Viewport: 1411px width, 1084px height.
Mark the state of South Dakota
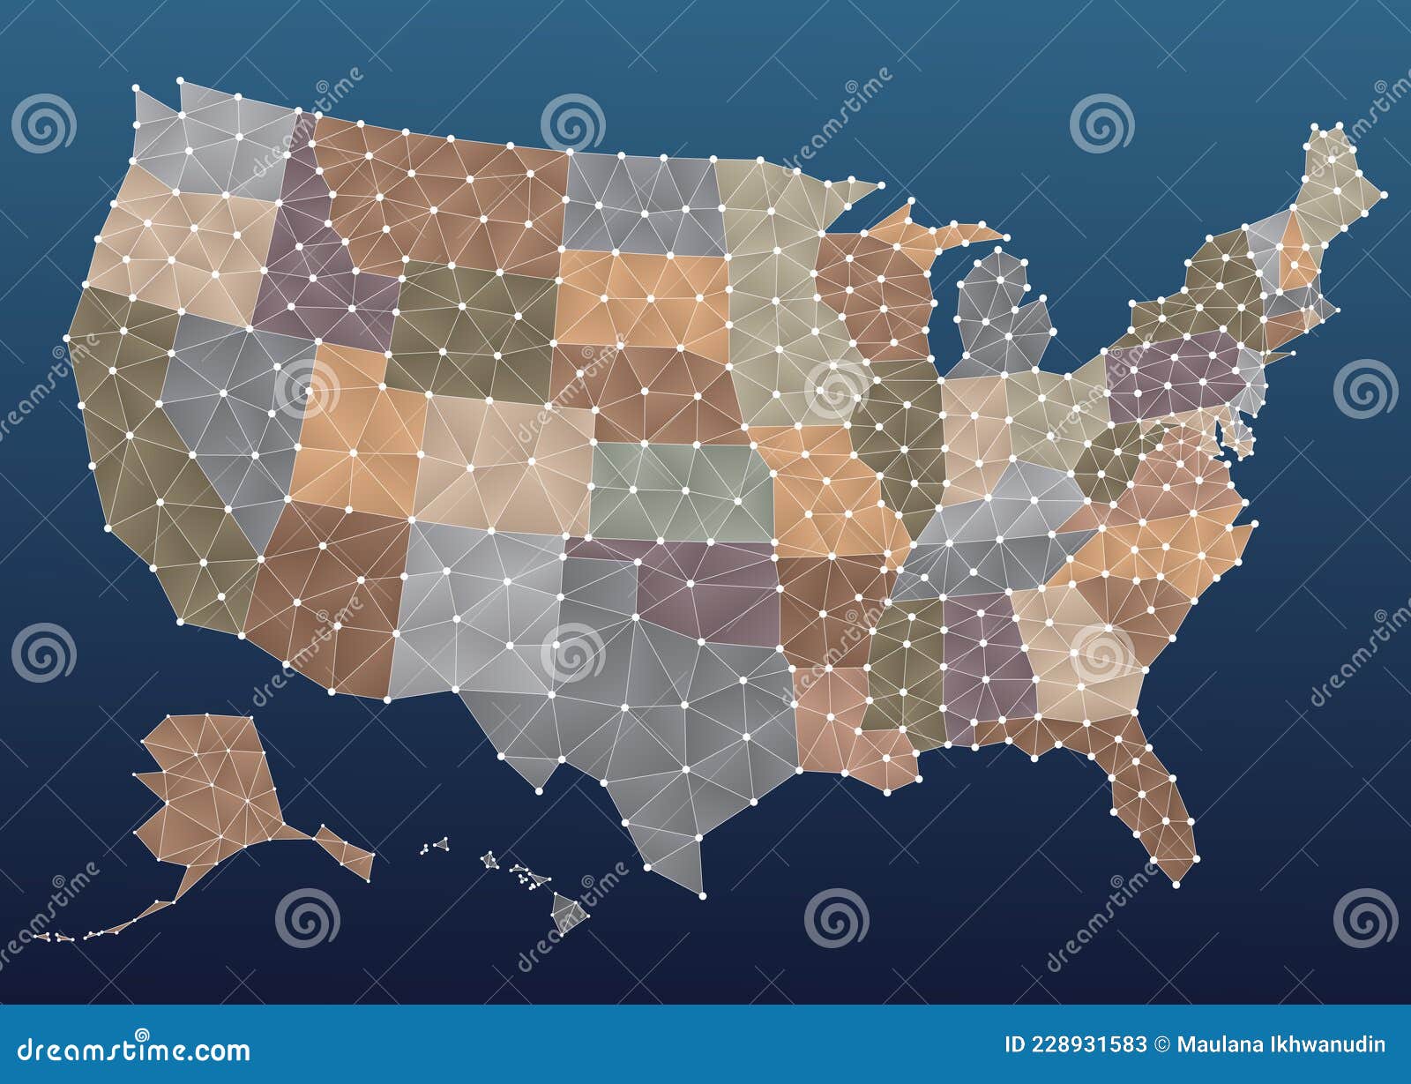(644, 300)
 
